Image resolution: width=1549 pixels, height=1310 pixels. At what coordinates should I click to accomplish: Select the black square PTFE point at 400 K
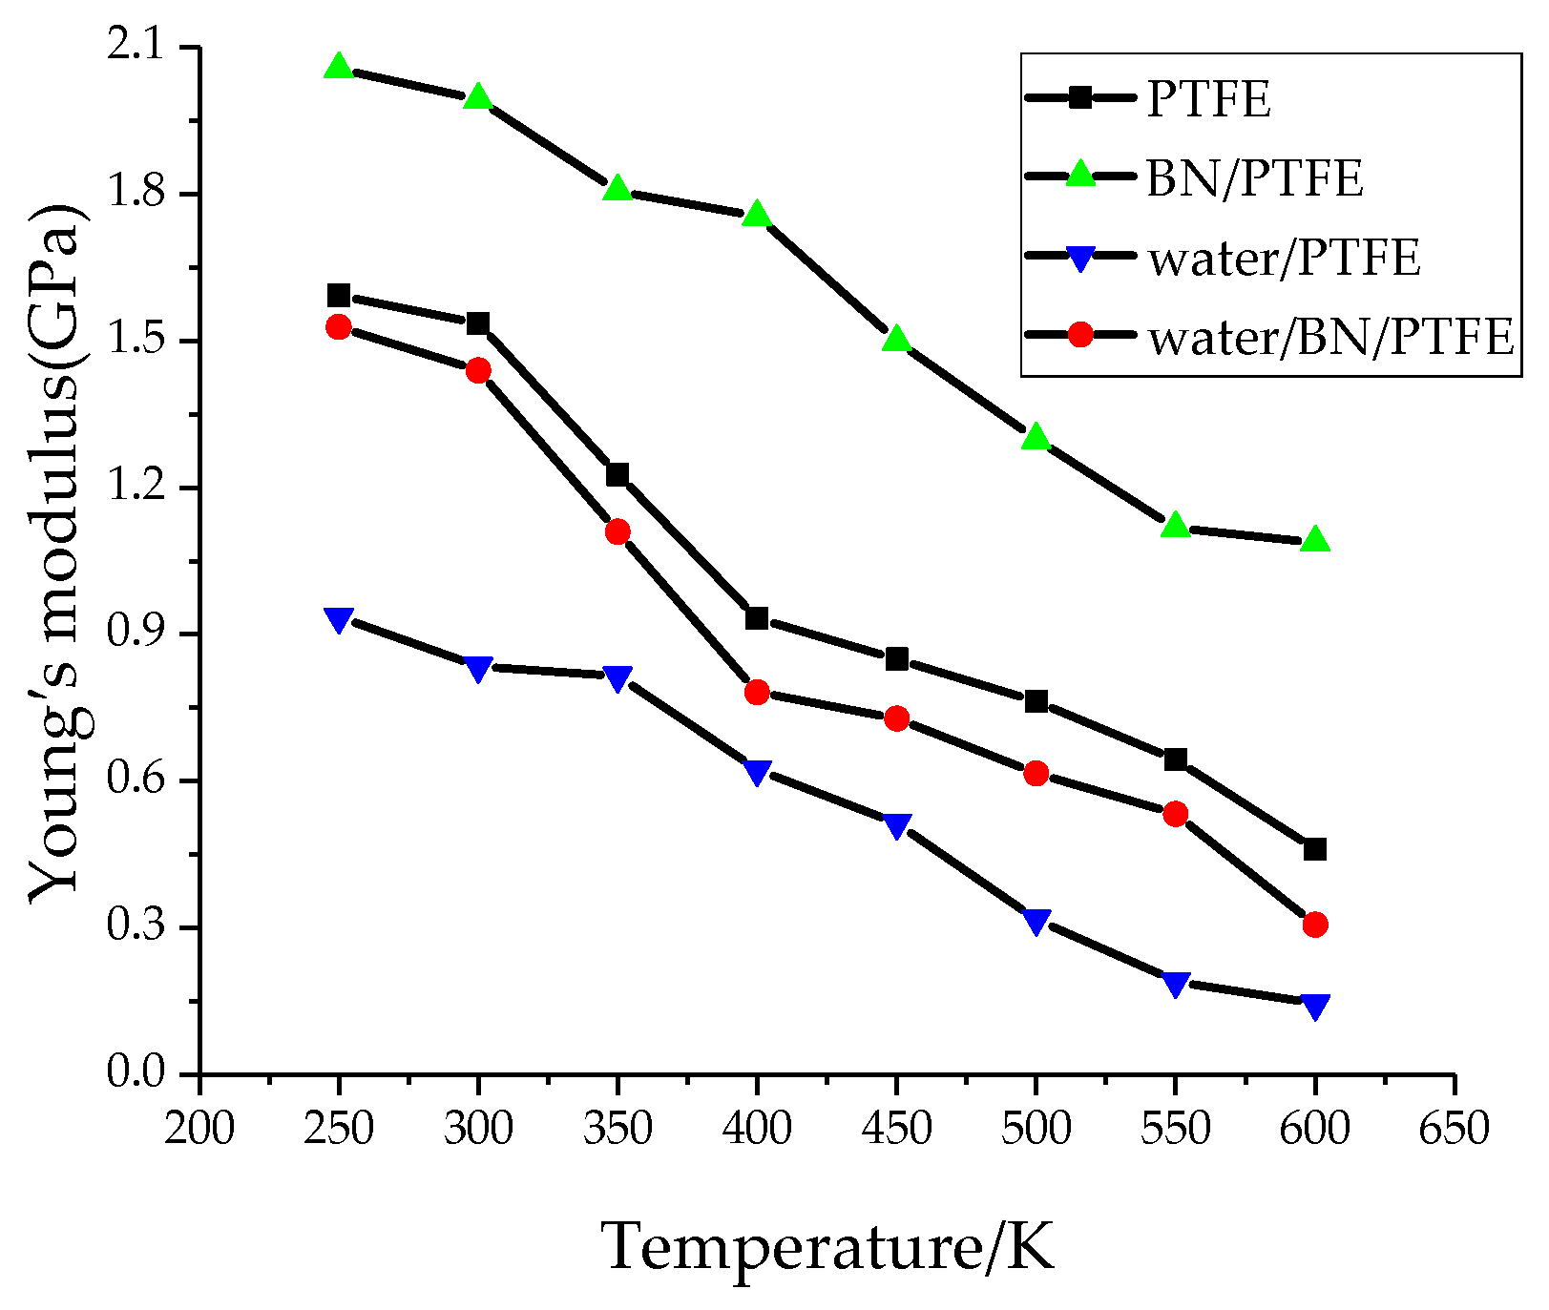[x=757, y=618]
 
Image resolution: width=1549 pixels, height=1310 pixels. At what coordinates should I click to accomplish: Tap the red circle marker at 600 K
[x=1314, y=924]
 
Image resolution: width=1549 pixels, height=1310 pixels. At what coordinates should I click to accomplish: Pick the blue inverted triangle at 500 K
[x=1036, y=921]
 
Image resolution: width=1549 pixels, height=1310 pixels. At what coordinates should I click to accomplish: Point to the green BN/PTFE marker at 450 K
[x=896, y=339]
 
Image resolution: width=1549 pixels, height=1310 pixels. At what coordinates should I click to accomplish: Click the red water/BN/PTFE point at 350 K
[x=618, y=531]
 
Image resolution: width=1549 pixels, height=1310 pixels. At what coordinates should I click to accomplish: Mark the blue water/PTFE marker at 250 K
[x=338, y=619]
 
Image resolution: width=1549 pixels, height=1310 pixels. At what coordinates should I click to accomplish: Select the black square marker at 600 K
[x=1314, y=849]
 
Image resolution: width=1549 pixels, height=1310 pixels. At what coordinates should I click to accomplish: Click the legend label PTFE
[x=1208, y=99]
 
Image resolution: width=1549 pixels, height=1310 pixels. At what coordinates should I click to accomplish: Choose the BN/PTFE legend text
[x=1254, y=178]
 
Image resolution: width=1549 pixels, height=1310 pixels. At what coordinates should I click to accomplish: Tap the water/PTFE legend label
[x=1285, y=258]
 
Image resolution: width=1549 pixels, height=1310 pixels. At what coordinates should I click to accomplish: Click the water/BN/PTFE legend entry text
[x=1331, y=337]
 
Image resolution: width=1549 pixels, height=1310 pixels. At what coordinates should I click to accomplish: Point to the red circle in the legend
[x=1079, y=335]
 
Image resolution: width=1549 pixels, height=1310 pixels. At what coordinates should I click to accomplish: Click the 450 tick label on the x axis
[x=896, y=1130]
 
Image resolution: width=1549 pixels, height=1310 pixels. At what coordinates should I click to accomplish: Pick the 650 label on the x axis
[x=1454, y=1130]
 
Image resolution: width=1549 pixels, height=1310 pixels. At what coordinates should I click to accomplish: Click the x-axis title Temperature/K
[x=827, y=1246]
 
